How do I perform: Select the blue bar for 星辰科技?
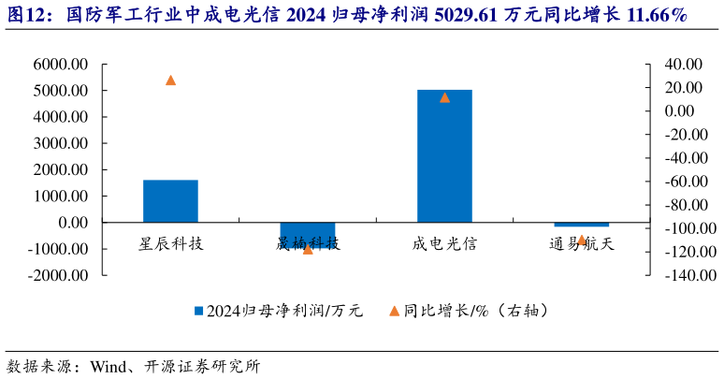[170, 201]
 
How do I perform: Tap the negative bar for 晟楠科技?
[308, 235]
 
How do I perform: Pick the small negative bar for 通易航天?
[581, 225]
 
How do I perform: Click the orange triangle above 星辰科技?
[170, 80]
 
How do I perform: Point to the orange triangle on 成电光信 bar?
[444, 97]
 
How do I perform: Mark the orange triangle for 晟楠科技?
[308, 249]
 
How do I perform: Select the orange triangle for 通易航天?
[581, 241]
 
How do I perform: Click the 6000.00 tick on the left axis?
[59, 65]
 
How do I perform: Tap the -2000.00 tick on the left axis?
[57, 276]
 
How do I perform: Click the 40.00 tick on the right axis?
[680, 65]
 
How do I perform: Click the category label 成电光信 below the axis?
[444, 243]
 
